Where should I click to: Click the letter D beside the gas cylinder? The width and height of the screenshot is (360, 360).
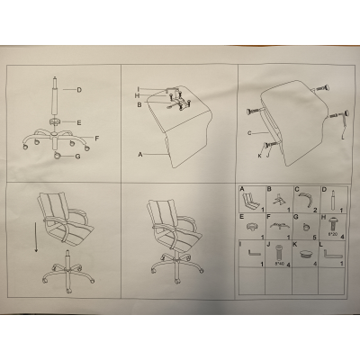click(79, 89)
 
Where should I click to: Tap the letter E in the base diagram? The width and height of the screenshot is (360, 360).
click(79, 121)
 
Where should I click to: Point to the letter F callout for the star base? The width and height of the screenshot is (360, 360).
click(96, 138)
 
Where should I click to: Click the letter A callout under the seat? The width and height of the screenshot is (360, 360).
click(140, 154)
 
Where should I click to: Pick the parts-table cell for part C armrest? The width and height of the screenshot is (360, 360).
click(307, 198)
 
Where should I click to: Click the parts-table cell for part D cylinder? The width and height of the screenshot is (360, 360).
click(335, 198)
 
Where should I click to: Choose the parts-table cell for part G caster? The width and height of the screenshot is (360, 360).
click(307, 224)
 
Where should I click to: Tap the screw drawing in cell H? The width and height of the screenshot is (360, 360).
click(336, 220)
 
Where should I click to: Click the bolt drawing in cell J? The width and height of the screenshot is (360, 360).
click(279, 253)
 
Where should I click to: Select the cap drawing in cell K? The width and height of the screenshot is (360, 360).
click(308, 255)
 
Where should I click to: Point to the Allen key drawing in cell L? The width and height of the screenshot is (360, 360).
click(336, 255)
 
